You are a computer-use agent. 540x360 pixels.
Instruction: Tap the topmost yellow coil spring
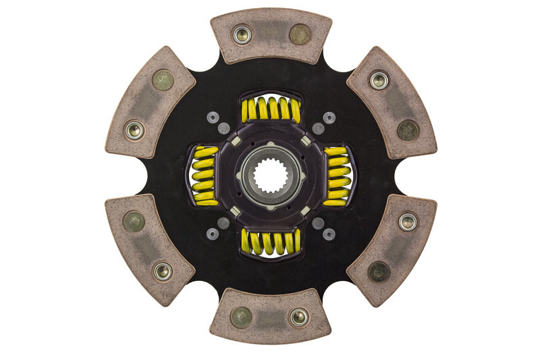tap(271, 109)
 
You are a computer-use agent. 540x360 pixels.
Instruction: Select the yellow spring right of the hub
tap(337, 176)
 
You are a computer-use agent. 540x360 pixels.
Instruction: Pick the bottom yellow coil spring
tap(271, 242)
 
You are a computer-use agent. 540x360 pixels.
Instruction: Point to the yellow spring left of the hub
tap(205, 176)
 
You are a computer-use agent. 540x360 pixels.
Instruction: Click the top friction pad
tap(271, 35)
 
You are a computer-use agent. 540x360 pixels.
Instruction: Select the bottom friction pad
tap(271, 315)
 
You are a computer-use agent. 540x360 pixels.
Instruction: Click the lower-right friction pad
tap(392, 248)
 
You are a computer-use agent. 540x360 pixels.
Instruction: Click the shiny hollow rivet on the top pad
tap(242, 34)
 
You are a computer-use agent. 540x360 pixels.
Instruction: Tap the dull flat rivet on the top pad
tap(300, 34)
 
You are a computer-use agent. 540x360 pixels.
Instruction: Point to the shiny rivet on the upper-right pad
tap(379, 80)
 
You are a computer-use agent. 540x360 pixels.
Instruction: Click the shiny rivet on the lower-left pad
tap(163, 272)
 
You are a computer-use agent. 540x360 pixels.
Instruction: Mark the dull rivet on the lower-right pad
tap(379, 272)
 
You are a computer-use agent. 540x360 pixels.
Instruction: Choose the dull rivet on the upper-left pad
tap(163, 80)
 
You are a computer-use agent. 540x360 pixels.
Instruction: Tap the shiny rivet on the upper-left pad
tap(134, 130)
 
